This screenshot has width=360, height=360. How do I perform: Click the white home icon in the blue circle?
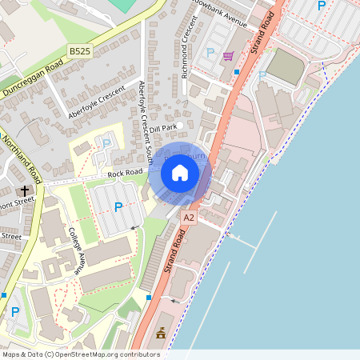click(x=180, y=172)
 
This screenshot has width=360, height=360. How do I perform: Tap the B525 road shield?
click(x=79, y=51)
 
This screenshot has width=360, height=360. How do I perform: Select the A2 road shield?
click(x=189, y=217)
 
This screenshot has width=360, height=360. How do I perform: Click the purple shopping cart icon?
click(x=228, y=55)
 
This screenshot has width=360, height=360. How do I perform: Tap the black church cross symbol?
click(x=25, y=190)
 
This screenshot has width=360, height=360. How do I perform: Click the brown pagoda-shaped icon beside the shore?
click(x=161, y=332)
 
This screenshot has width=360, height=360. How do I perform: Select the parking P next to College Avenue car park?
click(x=118, y=207)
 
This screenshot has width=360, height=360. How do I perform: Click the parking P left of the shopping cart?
click(x=211, y=52)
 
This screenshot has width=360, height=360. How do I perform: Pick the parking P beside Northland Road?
click(x=14, y=312)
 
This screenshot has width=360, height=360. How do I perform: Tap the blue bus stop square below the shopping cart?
click(x=237, y=72)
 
